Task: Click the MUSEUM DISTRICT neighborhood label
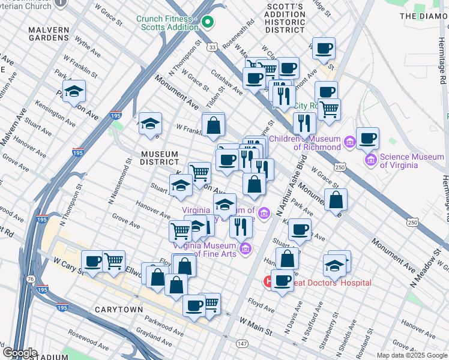[160, 158]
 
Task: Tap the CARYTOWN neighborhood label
[119, 310]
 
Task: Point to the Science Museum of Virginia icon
[370, 161]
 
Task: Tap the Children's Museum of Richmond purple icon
[350, 143]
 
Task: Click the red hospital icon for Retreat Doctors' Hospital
[268, 281]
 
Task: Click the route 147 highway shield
[241, 343]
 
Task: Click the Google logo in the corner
[20, 353]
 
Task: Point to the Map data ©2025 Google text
[412, 355]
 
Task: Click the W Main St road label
[256, 328]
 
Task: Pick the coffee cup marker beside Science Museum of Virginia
[367, 138]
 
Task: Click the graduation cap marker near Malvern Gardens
[74, 91]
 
